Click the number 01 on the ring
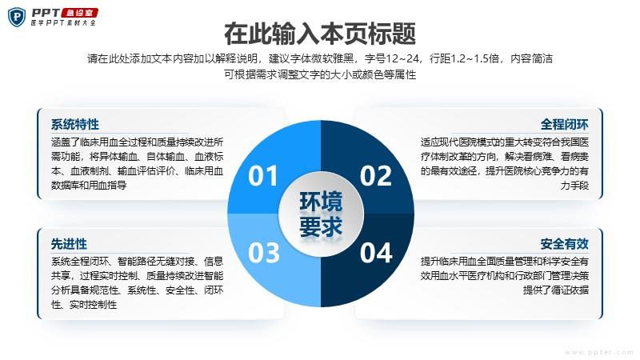(x=263, y=176)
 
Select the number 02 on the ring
(x=376, y=176)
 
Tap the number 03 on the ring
(x=264, y=253)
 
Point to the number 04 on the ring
(x=376, y=253)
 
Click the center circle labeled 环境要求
(x=321, y=214)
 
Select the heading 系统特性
(x=75, y=125)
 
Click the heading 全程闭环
(x=565, y=125)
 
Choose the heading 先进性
(x=69, y=244)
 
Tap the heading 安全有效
(x=565, y=244)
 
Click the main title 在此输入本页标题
(x=320, y=34)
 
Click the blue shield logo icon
(x=17, y=17)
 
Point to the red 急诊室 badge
(x=79, y=13)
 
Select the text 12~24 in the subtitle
(x=402, y=58)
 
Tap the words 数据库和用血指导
(x=89, y=186)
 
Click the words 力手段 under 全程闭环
(x=574, y=186)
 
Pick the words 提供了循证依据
(x=556, y=290)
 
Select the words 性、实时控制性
(x=84, y=305)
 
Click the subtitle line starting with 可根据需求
(x=320, y=74)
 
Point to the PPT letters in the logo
(x=46, y=13)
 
